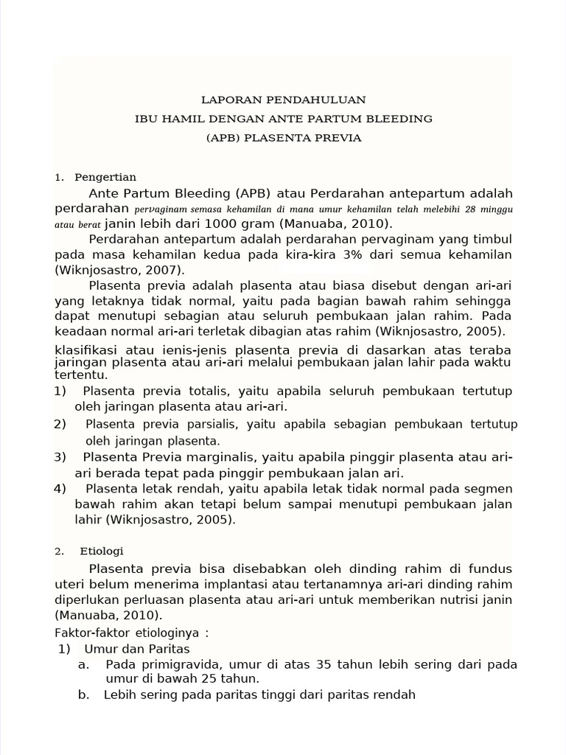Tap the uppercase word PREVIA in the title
pos(338,138)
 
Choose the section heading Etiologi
pos(102,551)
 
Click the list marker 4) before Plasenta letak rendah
pos(60,489)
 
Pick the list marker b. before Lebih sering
pos(83,695)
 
